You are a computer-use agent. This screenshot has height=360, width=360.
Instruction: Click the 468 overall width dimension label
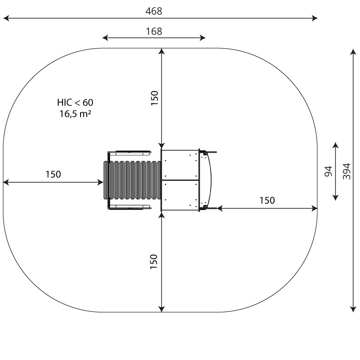click(x=153, y=11)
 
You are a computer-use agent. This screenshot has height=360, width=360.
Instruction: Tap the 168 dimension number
click(x=154, y=31)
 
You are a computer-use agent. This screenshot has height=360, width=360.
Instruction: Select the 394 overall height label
click(x=346, y=171)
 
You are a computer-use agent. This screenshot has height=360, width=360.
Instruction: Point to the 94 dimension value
click(x=328, y=171)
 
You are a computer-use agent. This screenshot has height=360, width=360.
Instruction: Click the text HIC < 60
click(x=75, y=103)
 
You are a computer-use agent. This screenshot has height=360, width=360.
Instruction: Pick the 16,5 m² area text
click(x=75, y=114)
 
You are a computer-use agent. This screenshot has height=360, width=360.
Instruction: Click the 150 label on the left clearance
click(x=53, y=174)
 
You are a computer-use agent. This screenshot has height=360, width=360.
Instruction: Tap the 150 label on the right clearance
click(x=267, y=200)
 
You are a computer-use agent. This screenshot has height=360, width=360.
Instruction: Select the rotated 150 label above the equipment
click(x=154, y=98)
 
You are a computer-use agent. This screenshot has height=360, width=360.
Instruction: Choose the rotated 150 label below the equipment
click(x=154, y=261)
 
